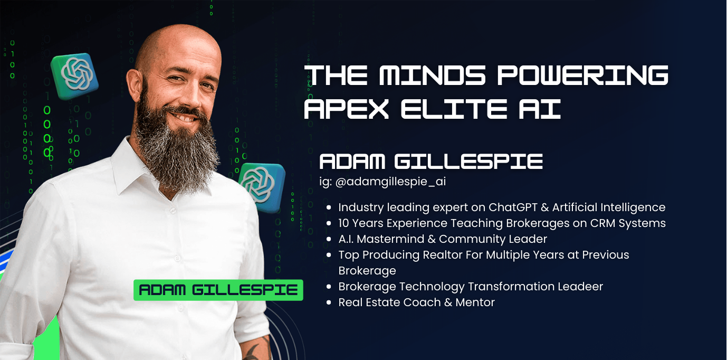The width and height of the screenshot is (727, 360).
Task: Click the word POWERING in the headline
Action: pos(583,75)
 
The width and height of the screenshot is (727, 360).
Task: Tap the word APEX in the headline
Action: pos(346,109)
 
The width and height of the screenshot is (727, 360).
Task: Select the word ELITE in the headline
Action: pos(454,109)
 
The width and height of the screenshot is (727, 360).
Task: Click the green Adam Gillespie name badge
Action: pos(218,290)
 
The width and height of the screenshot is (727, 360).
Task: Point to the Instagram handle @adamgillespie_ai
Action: pos(390,182)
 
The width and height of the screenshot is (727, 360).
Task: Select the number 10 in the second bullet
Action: pos(343,223)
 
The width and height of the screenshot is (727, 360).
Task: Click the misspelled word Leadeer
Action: pos(580,286)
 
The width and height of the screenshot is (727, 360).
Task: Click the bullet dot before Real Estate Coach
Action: pos(329,302)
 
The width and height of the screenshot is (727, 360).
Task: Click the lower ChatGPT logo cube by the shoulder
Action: pos(262,187)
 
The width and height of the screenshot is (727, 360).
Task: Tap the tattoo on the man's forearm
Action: pos(257,349)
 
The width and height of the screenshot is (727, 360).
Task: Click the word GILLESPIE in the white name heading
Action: pos(468,162)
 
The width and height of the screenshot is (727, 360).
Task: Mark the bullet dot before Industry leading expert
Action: pos(329,207)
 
